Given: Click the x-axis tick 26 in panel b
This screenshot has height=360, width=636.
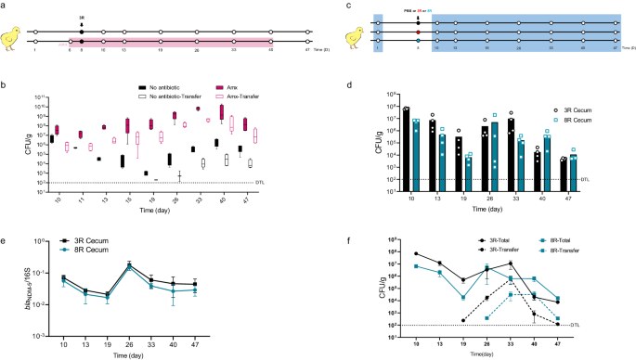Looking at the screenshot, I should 175,199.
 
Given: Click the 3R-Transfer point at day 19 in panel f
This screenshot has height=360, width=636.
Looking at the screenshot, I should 461,320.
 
